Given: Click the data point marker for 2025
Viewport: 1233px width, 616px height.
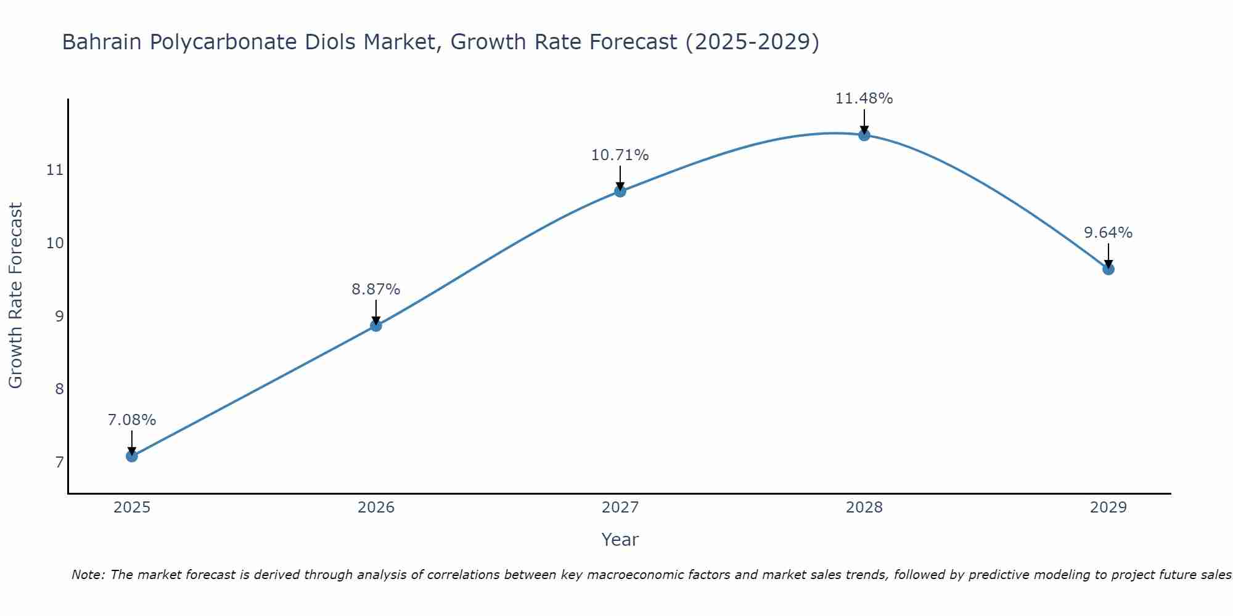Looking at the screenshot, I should click(131, 456).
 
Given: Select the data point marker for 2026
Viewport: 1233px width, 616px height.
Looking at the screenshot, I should click(376, 325).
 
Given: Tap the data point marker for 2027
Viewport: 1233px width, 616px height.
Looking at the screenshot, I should click(620, 191).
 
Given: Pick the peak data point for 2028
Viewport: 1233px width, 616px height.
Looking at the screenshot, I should click(864, 135).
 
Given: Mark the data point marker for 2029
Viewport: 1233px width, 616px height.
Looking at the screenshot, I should click(1108, 269).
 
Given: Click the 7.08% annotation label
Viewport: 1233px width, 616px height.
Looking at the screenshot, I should click(131, 420).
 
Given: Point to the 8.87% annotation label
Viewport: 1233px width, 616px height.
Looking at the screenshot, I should click(376, 289).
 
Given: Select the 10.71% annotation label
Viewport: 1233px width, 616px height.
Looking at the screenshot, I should click(620, 155).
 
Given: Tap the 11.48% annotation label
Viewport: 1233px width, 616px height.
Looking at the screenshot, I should click(864, 99).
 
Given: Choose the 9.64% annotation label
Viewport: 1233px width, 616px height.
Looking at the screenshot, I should click(1108, 233).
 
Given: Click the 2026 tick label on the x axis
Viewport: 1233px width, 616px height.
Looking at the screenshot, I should click(376, 508).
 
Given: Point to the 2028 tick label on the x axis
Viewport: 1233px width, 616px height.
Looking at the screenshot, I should click(864, 508).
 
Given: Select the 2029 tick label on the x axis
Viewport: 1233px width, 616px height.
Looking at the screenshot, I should click(1108, 508).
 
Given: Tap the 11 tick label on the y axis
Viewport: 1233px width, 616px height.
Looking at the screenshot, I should click(55, 170).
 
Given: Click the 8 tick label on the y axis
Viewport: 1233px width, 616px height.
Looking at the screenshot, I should click(59, 389).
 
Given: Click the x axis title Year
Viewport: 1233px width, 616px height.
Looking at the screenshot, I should click(620, 540).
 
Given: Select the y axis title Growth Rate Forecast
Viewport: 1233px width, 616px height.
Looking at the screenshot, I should click(16, 296).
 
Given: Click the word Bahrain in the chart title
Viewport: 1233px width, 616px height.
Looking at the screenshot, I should click(102, 42).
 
